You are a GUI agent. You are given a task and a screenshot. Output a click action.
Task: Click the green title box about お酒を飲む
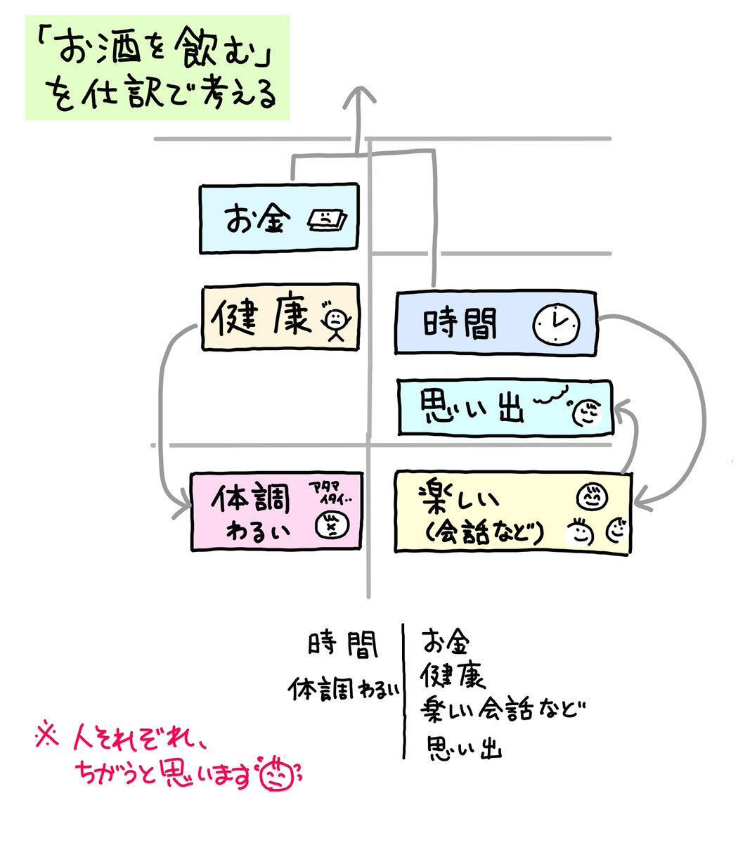pyautogui.click(x=158, y=67)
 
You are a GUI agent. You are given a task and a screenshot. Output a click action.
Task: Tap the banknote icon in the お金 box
pyautogui.click(x=327, y=221)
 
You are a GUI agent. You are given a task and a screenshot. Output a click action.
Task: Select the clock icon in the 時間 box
pyautogui.click(x=557, y=324)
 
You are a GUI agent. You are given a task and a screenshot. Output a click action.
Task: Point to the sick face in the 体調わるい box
pyautogui.click(x=328, y=525)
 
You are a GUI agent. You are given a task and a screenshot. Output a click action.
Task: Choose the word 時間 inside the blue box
pyautogui.click(x=460, y=325)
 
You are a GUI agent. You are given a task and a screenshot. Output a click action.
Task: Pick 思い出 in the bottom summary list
pyautogui.click(x=464, y=747)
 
